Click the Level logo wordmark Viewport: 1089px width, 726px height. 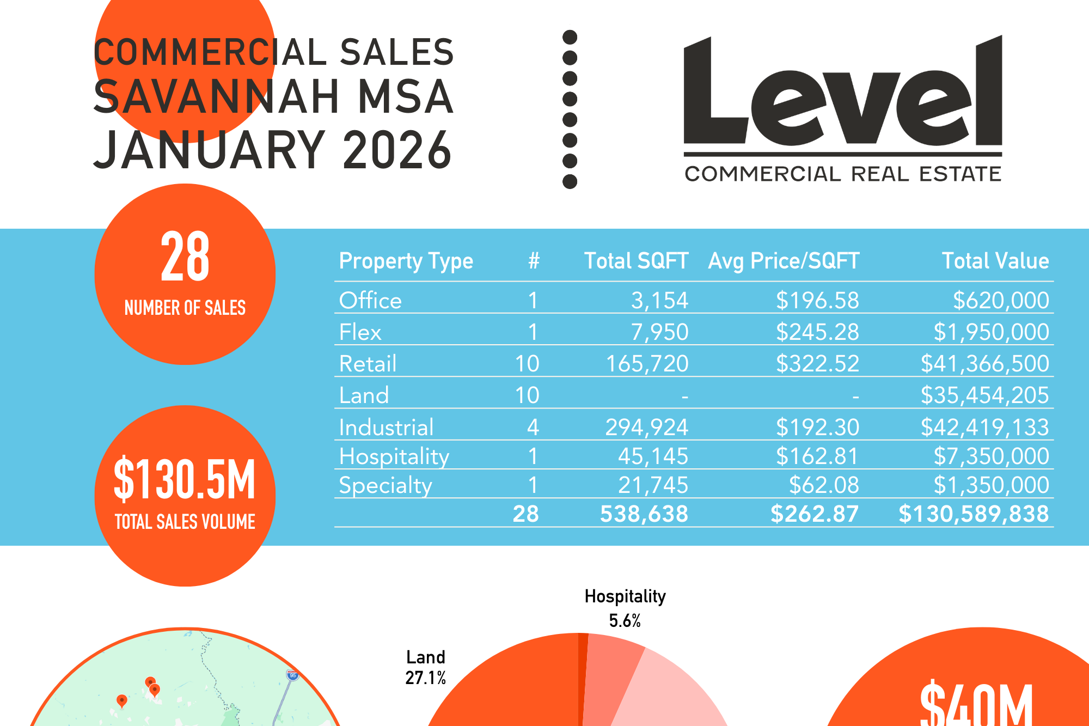[x=842, y=93]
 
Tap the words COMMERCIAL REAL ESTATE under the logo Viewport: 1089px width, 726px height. [x=842, y=174]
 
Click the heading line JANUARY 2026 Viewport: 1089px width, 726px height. [x=272, y=150]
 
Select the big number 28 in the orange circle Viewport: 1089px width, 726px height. [x=185, y=256]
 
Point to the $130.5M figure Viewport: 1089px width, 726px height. [x=185, y=479]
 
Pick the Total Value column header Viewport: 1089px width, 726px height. [x=995, y=261]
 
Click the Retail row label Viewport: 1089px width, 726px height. [x=368, y=364]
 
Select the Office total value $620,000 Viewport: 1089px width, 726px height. [x=1000, y=301]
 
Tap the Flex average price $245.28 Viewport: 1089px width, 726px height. [x=817, y=332]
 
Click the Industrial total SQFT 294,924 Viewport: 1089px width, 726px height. [x=646, y=428]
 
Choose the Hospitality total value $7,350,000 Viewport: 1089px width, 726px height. [x=990, y=456]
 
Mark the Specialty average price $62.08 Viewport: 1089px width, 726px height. [x=823, y=485]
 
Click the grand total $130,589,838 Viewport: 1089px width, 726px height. [x=973, y=514]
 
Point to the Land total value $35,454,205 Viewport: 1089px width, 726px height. [x=984, y=395]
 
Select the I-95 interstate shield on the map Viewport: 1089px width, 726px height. [x=293, y=675]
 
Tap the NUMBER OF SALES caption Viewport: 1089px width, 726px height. [x=185, y=308]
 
